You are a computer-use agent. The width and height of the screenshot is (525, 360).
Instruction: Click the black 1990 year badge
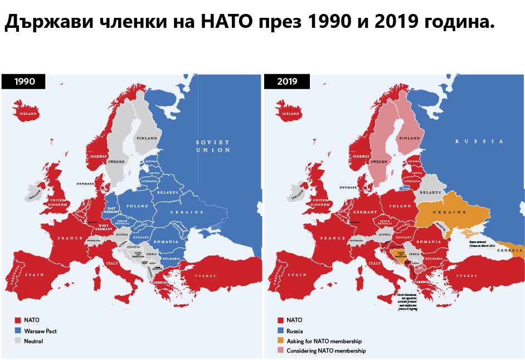(25, 81)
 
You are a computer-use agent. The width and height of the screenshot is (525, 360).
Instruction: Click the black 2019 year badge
(287, 81)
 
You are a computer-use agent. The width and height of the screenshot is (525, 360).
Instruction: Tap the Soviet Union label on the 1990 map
(212, 146)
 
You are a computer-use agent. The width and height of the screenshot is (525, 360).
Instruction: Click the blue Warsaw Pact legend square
(18, 330)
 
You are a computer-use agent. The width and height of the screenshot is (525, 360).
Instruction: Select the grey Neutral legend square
(18, 341)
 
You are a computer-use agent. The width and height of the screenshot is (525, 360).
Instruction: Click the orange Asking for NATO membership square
(280, 340)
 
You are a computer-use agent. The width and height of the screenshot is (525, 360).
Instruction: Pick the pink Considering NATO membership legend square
(280, 351)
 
